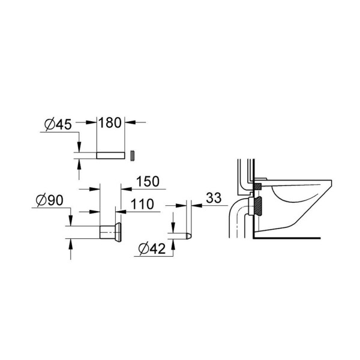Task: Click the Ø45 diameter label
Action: tap(58, 125)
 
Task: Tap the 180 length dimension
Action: tap(110, 122)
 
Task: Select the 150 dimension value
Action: tap(148, 181)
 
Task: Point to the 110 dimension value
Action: tap(142, 204)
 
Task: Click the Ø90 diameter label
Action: tap(50, 200)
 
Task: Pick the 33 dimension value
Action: tap(214, 198)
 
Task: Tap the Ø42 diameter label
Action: tap(152, 248)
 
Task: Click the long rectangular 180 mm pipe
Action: tap(110, 155)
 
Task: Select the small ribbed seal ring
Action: tap(133, 156)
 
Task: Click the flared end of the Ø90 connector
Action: tap(118, 232)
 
